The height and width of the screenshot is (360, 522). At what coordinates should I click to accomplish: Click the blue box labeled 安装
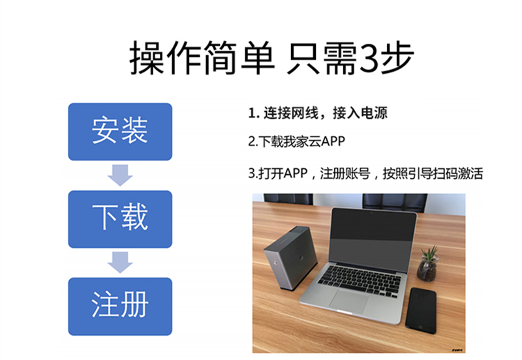(120, 131)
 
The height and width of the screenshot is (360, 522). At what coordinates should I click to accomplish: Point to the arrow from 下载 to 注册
(120, 262)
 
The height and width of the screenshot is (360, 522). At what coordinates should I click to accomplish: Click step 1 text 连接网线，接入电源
(318, 113)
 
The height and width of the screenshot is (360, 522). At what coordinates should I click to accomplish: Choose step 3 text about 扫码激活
(365, 174)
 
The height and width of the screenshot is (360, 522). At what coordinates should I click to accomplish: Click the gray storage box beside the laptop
(290, 257)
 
